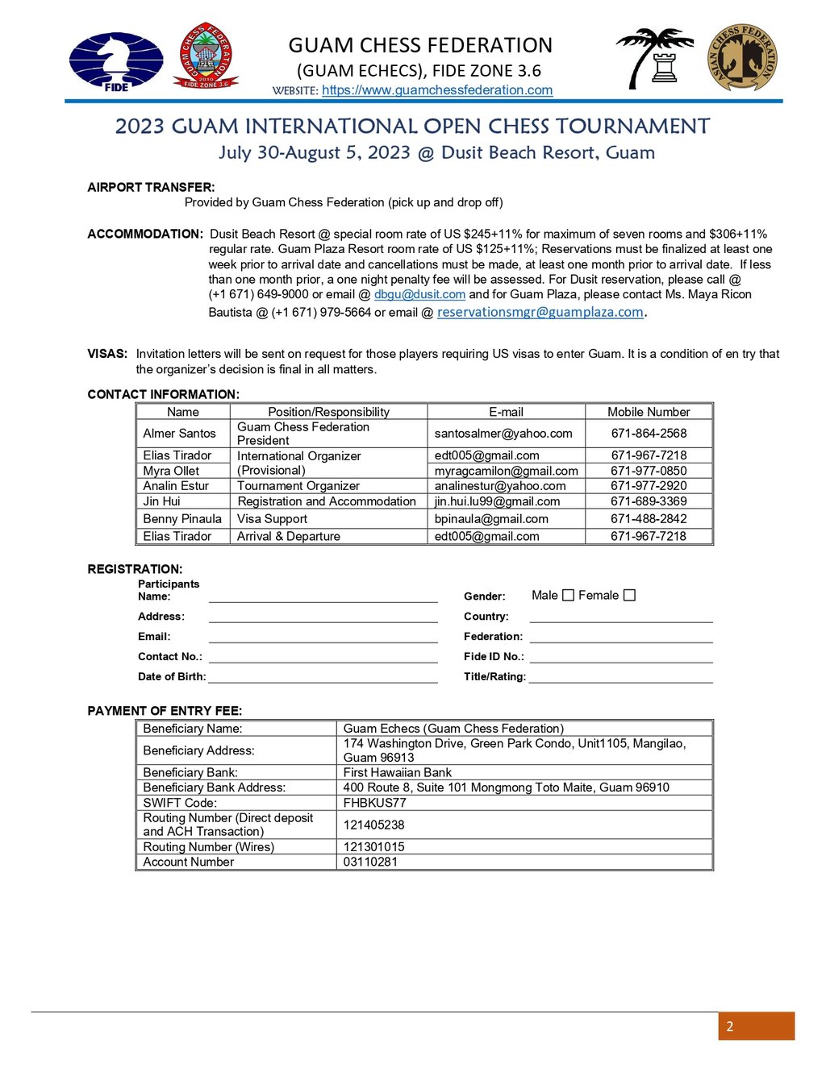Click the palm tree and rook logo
coord(655,58)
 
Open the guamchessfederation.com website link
coord(437,90)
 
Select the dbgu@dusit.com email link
coord(419,295)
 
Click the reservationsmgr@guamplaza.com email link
coord(540,312)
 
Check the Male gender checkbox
coord(568,596)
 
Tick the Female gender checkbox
coord(630,596)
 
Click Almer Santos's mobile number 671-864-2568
coord(649,434)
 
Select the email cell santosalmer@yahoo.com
coord(503,434)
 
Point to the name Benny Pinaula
coord(182,519)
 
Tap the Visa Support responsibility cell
coord(272,519)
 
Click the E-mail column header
coord(506,412)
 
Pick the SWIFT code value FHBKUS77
coord(374,803)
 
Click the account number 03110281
coord(370,862)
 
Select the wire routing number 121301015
coord(373,847)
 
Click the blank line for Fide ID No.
coord(621,657)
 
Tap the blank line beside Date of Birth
coord(323,677)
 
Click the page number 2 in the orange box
coord(730,1026)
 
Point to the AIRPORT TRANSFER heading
coord(151,188)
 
